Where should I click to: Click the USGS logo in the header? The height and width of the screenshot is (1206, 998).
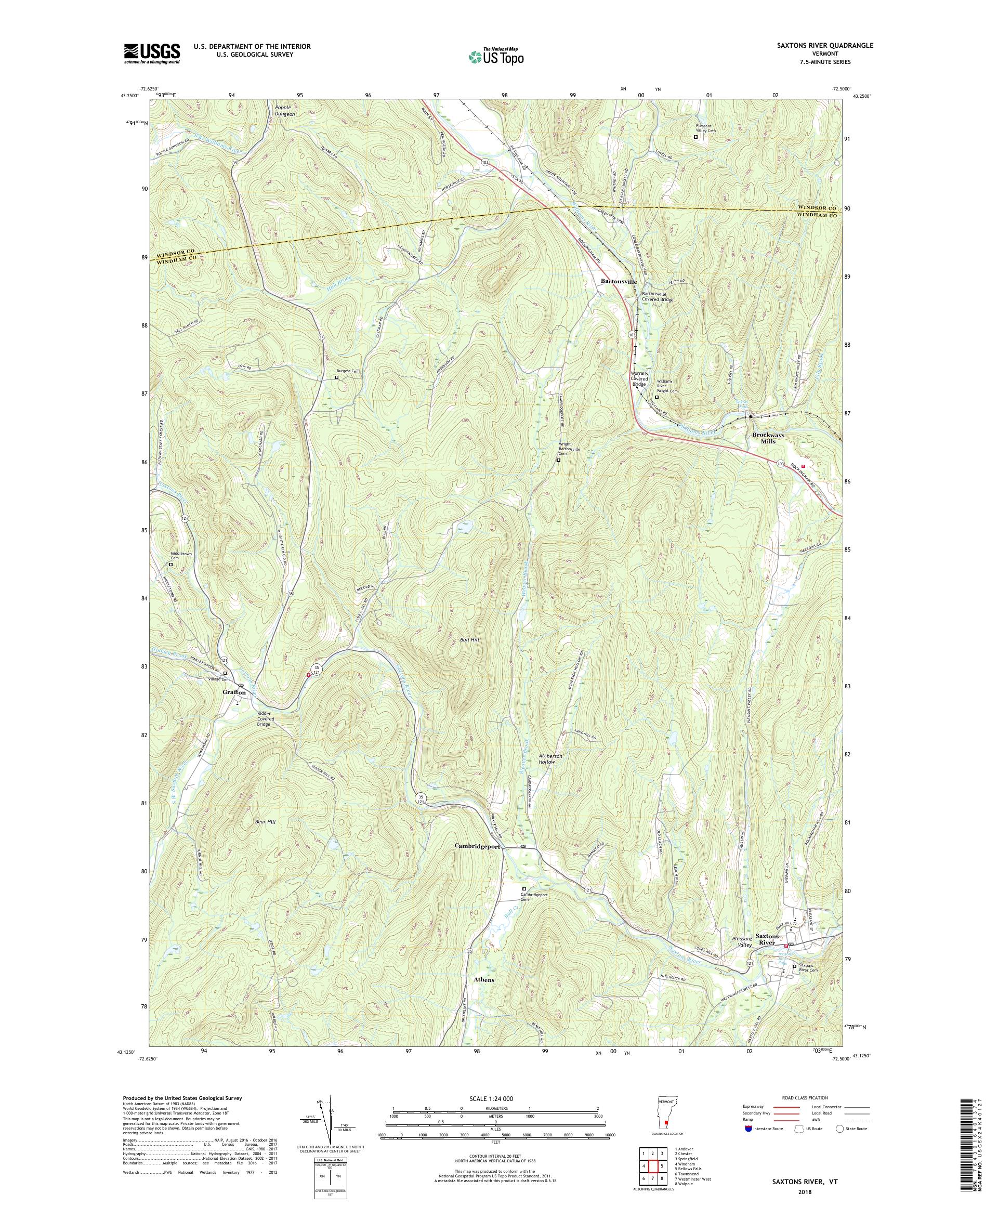click(152, 54)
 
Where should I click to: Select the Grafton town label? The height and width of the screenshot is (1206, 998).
click(234, 692)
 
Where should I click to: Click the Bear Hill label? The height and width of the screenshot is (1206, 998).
click(265, 822)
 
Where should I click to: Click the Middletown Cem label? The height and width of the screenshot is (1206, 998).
click(175, 555)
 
